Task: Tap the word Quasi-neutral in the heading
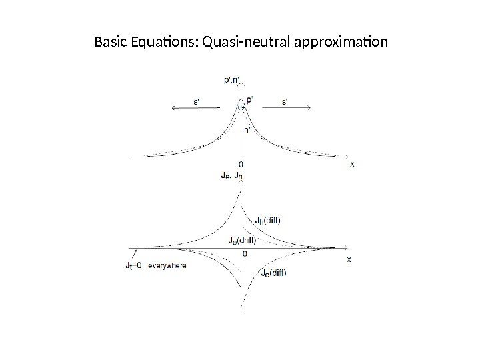pyautogui.click(x=239, y=44)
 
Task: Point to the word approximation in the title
pyautogui.click(x=333, y=44)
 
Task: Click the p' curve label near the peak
pyautogui.click(x=250, y=101)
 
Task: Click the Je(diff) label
pyautogui.click(x=273, y=272)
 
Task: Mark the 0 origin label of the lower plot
pyautogui.click(x=246, y=253)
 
